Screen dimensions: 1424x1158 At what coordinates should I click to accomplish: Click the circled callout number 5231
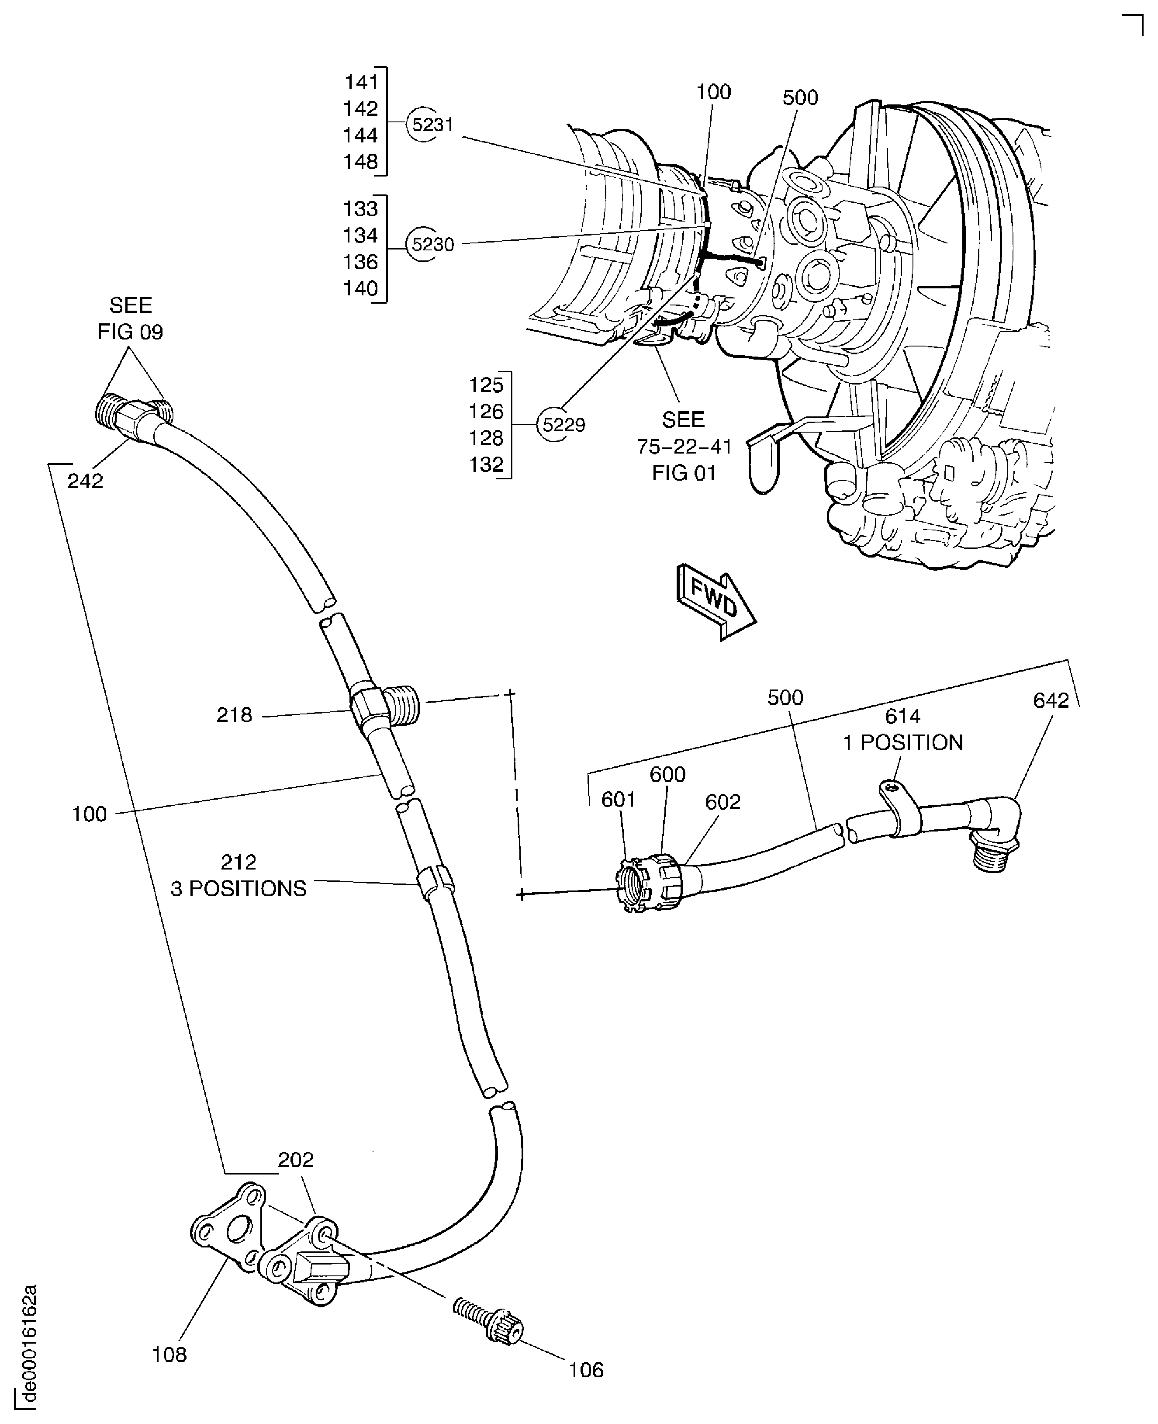(432, 125)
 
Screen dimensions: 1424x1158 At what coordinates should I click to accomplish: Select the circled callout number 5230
(432, 245)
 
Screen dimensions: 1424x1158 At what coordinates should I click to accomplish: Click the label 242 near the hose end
(85, 481)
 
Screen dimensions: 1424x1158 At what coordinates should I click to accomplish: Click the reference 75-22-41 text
(684, 447)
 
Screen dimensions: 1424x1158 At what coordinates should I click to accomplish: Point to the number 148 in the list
(360, 162)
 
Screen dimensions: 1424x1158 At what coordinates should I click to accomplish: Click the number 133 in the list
(360, 209)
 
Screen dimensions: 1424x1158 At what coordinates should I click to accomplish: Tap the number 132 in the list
(486, 464)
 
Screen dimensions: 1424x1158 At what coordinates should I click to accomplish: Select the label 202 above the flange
(295, 1160)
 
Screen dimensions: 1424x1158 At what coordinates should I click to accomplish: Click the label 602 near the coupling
(722, 801)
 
